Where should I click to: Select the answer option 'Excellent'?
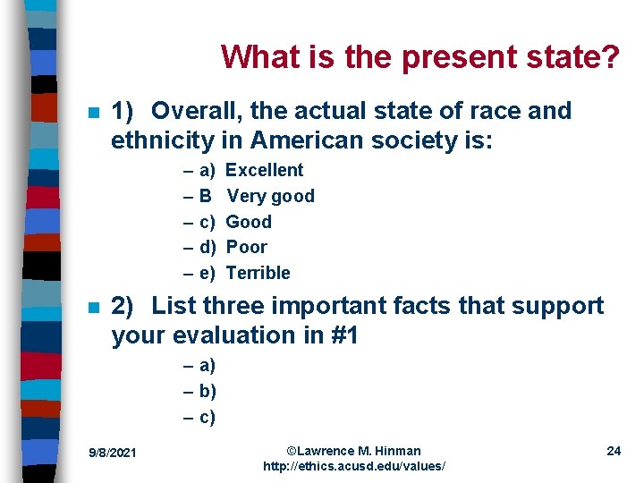pyautogui.click(x=265, y=170)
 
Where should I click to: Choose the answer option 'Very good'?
pyautogui.click(x=270, y=196)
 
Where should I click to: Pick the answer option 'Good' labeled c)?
pyautogui.click(x=249, y=222)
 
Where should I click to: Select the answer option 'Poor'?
pyautogui.click(x=247, y=247)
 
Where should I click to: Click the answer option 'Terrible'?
pyautogui.click(x=258, y=273)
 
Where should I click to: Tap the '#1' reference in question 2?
pyautogui.click(x=342, y=335)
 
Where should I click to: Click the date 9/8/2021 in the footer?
pyautogui.click(x=114, y=453)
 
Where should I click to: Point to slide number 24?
pyautogui.click(x=614, y=451)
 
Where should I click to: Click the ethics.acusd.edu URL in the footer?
pyautogui.click(x=353, y=467)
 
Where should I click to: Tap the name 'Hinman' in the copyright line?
pyautogui.click(x=396, y=451)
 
